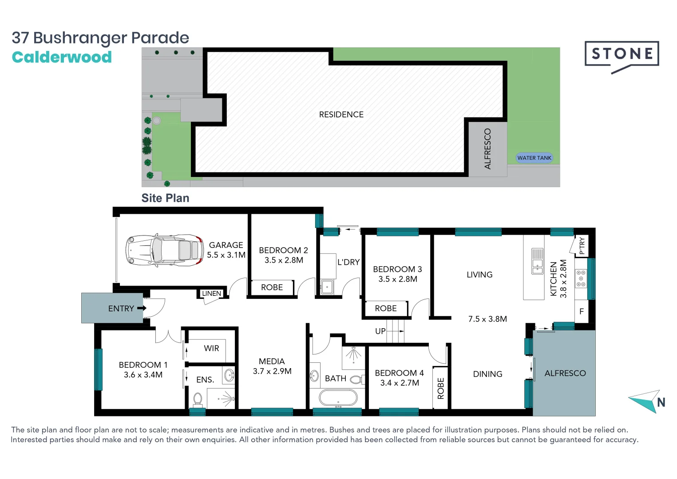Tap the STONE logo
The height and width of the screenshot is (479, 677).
coord(622,54)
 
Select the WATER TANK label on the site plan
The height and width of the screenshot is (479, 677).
coord(534,158)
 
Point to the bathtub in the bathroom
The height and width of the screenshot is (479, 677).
coord(338,398)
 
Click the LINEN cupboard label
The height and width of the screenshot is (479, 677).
coord(211,294)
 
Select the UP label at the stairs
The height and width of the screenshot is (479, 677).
coord(380,331)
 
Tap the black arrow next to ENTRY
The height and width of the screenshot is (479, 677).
coord(142,308)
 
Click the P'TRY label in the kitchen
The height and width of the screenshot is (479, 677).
coord(582,246)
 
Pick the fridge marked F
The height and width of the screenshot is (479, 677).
coord(581,312)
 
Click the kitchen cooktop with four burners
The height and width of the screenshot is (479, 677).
coord(581,278)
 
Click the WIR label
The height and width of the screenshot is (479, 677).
coord(211,348)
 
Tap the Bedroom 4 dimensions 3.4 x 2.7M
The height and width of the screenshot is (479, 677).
coord(400,383)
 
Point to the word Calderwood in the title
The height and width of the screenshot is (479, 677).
coord(62,57)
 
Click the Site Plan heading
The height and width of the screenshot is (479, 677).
coord(165,198)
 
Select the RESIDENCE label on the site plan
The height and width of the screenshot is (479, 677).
coord(341,114)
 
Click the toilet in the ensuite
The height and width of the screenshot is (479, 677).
coord(198,400)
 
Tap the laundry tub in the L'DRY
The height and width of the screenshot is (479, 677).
coord(327,287)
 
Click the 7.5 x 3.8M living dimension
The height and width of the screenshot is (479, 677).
coord(487,319)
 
